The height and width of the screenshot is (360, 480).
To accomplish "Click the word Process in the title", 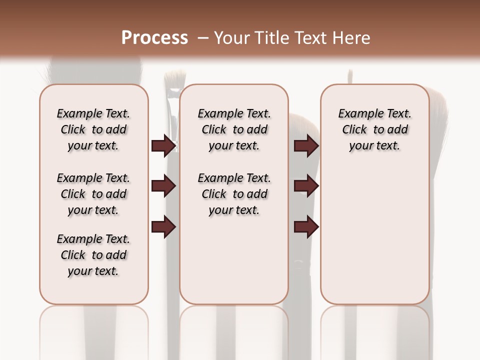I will click(x=154, y=38).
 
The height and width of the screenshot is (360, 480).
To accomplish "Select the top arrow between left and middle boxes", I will click(x=163, y=145).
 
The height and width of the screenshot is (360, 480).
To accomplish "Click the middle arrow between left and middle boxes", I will click(x=163, y=186).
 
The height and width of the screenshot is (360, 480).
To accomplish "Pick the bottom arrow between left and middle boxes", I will click(x=163, y=227).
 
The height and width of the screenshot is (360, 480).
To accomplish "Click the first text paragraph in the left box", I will click(x=93, y=129).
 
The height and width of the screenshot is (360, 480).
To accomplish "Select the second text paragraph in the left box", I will click(x=93, y=194).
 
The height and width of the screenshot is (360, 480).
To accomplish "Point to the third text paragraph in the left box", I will click(x=93, y=255).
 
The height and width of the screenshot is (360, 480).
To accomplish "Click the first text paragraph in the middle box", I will click(x=234, y=129).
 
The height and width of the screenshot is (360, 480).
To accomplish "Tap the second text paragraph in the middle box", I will click(x=234, y=194).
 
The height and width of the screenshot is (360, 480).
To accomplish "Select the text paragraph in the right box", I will click(x=374, y=129).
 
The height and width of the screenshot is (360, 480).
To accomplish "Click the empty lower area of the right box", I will click(x=374, y=240).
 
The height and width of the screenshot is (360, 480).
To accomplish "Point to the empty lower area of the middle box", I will click(x=234, y=260).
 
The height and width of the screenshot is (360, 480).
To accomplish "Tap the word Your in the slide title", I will click(x=230, y=38).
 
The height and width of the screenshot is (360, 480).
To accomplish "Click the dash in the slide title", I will click(x=202, y=38).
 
